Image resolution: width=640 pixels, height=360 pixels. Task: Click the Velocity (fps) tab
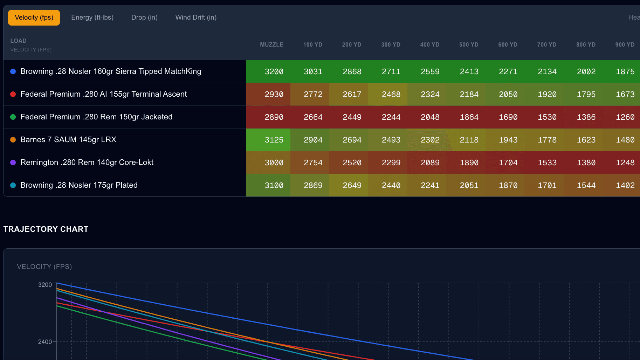tap(34, 18)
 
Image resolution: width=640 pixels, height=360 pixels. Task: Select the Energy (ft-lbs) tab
tap(92, 18)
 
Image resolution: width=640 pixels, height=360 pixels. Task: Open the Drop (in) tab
tap(144, 18)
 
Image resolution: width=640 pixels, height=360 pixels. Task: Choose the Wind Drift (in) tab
tap(196, 18)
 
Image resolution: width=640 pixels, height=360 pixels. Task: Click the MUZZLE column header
tap(271, 45)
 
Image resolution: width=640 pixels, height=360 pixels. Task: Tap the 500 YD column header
tap(469, 45)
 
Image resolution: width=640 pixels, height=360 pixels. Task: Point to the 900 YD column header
tap(625, 45)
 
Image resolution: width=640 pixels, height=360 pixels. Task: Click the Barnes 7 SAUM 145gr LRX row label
tap(68, 140)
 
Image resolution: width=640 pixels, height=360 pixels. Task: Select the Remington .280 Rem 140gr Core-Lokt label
tap(87, 162)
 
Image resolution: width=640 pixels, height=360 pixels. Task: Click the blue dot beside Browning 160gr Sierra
tap(13, 71)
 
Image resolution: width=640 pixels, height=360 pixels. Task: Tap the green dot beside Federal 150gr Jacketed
tap(13, 117)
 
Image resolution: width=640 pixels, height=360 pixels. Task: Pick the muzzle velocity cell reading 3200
tap(274, 72)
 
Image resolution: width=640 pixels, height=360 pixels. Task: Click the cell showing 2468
tap(391, 95)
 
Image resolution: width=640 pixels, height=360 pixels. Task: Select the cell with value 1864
tap(469, 117)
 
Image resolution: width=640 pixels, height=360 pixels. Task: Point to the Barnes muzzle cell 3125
tap(274, 140)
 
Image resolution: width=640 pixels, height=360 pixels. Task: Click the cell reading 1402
tap(625, 186)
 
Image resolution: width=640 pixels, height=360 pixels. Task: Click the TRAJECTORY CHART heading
tap(46, 229)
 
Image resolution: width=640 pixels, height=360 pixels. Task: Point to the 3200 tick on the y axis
tap(45, 285)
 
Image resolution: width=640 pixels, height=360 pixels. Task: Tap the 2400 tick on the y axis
tap(45, 342)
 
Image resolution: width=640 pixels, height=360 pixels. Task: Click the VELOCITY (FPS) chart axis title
tap(44, 267)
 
